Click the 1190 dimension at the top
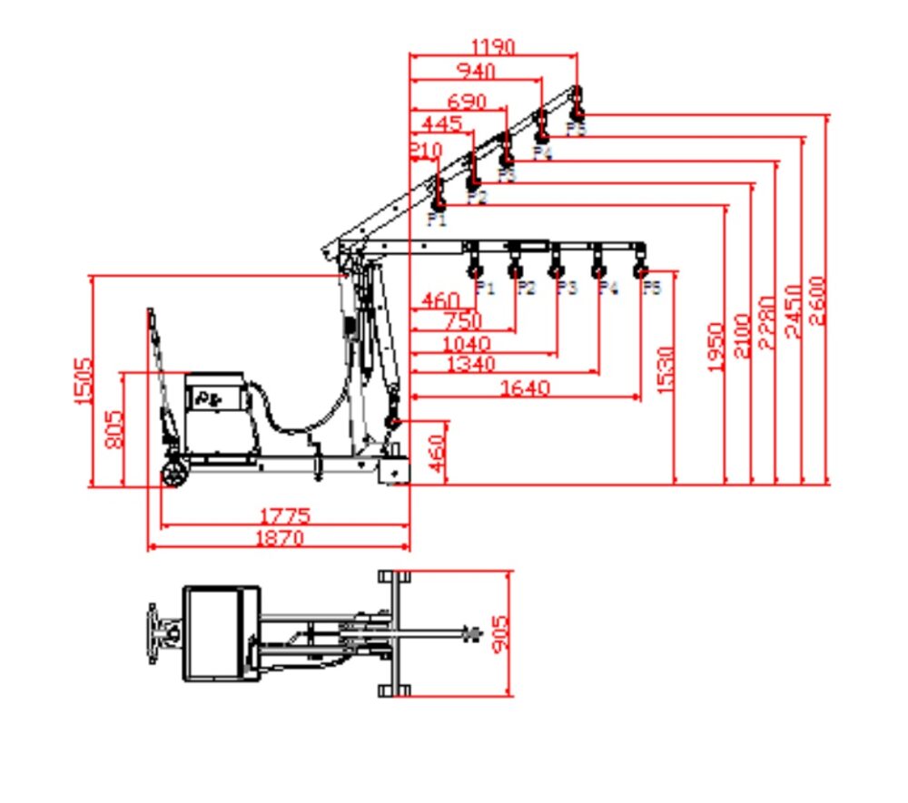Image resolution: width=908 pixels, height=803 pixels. [493, 46]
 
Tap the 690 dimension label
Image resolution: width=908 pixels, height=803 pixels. [466, 101]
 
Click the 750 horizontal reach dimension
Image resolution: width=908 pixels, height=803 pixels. [462, 321]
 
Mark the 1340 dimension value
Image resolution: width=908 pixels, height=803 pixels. [471, 365]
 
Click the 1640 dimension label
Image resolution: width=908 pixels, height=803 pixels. [526, 388]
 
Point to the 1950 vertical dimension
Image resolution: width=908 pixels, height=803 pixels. [716, 347]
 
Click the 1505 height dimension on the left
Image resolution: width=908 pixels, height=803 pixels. [84, 381]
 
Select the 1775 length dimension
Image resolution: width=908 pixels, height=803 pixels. [284, 516]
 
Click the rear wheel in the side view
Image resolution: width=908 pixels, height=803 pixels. [173, 474]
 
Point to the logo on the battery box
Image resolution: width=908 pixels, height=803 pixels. [211, 397]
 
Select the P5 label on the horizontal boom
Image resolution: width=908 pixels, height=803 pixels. [652, 288]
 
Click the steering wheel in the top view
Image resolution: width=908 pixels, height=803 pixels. [153, 633]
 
